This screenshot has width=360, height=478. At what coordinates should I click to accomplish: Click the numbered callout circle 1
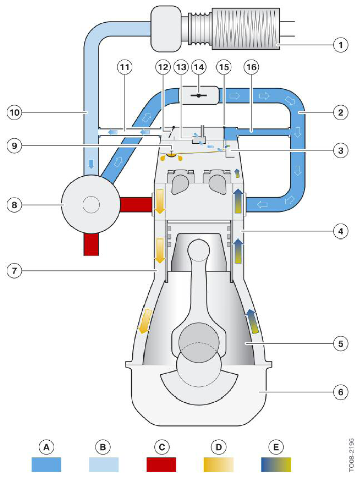click(x=340, y=45)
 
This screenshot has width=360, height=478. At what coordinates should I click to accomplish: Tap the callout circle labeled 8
click(x=14, y=205)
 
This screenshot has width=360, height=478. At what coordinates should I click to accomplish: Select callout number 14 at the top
click(x=199, y=67)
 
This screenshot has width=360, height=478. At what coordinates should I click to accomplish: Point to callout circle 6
click(x=340, y=392)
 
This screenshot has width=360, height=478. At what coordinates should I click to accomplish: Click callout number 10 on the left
click(x=14, y=113)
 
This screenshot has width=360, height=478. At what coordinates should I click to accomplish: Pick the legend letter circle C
click(x=162, y=447)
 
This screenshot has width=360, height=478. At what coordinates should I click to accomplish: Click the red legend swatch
click(x=161, y=464)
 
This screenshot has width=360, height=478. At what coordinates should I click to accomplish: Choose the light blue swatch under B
click(x=103, y=464)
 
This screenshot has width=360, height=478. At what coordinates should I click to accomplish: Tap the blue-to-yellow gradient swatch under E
click(x=276, y=464)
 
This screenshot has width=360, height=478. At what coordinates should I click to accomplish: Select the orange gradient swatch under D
click(x=219, y=464)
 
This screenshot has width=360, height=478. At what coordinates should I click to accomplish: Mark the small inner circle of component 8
click(x=91, y=205)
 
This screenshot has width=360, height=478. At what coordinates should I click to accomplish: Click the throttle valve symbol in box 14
click(x=198, y=96)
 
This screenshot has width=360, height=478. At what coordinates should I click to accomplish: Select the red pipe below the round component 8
click(x=91, y=245)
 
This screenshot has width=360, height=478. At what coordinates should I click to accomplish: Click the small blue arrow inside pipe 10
click(x=91, y=164)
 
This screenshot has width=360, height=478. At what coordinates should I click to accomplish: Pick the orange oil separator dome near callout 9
click(x=172, y=155)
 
